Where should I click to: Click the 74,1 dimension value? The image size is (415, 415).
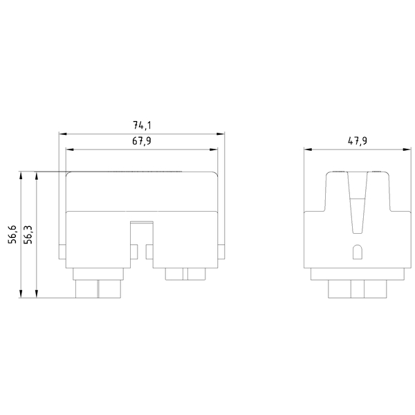(x=142, y=126)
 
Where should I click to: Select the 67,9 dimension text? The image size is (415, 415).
(x=142, y=142)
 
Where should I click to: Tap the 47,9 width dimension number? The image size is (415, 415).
(x=357, y=141)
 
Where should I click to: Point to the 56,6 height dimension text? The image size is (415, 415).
(x=12, y=235)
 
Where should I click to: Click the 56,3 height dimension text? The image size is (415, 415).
(x=28, y=235)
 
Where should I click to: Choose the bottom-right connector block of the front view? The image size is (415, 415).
(x=185, y=274)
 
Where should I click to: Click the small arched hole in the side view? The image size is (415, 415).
(x=357, y=252)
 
